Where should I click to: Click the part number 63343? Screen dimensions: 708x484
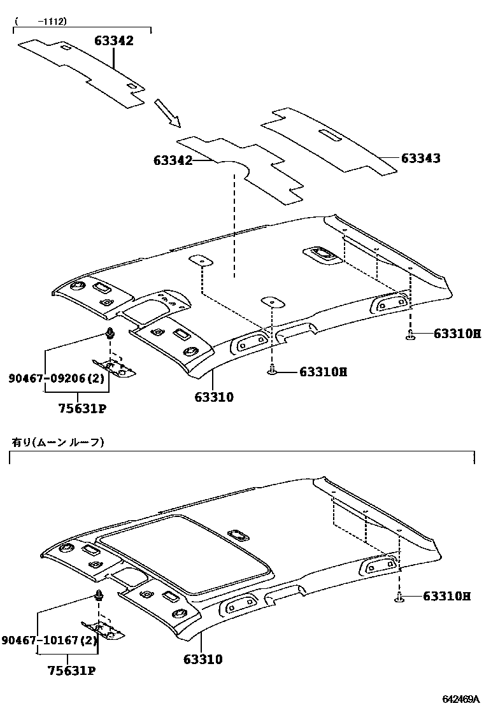pyautogui.click(x=421, y=159)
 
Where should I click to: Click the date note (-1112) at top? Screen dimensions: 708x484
pyautogui.click(x=41, y=21)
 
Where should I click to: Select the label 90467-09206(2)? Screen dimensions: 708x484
pyautogui.click(x=56, y=379)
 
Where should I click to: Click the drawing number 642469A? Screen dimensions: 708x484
pyautogui.click(x=455, y=699)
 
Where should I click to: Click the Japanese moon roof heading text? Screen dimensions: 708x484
pyautogui.click(x=57, y=442)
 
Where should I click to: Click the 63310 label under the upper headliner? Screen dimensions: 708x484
pyautogui.click(x=214, y=397)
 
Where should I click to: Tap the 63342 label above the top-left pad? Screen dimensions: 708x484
pyautogui.click(x=114, y=41)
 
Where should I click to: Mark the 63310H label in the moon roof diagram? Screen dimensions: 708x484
pyautogui.click(x=446, y=597)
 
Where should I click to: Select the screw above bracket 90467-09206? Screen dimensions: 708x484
pyautogui.click(x=110, y=334)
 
